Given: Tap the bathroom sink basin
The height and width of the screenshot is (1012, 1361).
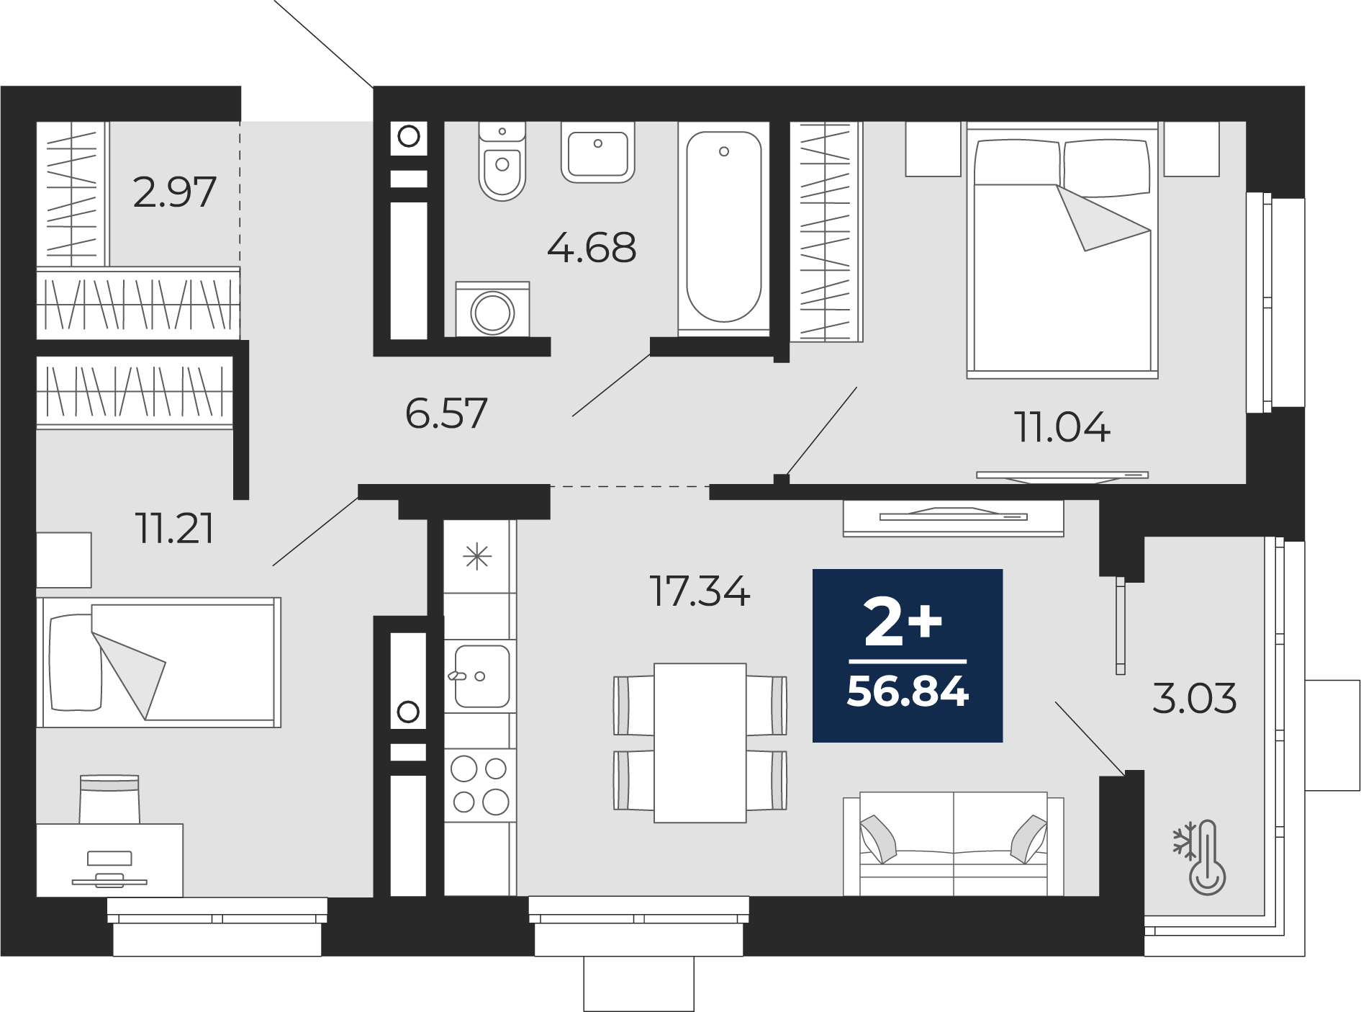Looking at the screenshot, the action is (597, 153).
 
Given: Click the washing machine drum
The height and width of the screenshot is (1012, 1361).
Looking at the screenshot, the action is (492, 313).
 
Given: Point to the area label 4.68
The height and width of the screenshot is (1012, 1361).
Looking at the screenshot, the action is (592, 248).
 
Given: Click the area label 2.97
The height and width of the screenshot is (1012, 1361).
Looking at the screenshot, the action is (175, 192).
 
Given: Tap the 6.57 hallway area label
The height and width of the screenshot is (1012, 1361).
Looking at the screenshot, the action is (446, 413).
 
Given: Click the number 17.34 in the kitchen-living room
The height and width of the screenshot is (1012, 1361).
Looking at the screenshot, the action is (700, 591).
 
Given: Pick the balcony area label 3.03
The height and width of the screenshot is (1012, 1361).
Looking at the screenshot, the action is (1194, 698).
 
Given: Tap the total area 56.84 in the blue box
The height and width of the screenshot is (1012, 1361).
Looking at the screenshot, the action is (908, 691).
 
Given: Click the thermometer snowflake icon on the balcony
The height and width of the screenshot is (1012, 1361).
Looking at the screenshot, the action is (1201, 856).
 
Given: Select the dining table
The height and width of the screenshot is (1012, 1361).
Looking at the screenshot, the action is (700, 743).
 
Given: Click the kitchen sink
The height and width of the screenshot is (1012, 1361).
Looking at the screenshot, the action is (481, 676).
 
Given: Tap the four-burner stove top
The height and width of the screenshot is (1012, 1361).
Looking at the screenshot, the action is (480, 785).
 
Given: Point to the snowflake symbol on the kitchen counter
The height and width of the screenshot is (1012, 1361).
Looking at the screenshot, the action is (477, 557).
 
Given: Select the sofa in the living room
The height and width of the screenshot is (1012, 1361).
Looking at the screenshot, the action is (953, 843).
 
